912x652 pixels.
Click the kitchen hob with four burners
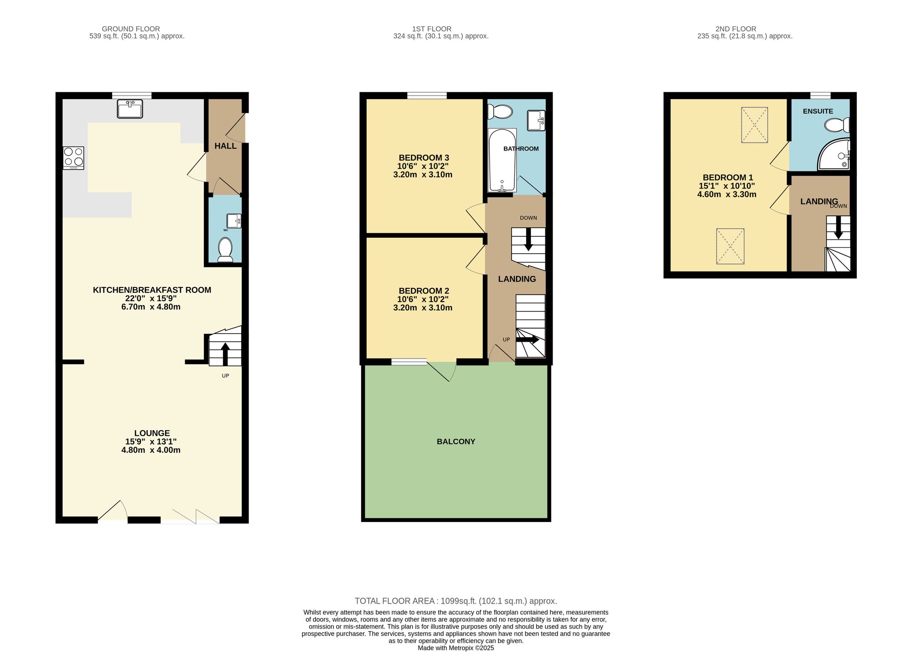[x=73, y=158]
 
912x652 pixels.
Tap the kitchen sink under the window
[x=130, y=109]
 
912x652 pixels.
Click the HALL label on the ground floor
[x=225, y=146]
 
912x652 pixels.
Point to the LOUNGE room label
[x=152, y=433]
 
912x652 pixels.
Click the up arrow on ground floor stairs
[x=225, y=354]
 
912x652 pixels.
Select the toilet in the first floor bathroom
[x=500, y=111]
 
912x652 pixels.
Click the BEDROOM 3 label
[x=424, y=158]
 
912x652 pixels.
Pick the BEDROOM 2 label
[x=424, y=291]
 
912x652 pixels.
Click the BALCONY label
[x=456, y=442]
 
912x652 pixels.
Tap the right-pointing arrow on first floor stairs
[x=528, y=340]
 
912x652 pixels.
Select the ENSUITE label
[x=818, y=111]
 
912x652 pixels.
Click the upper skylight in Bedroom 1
[x=754, y=125]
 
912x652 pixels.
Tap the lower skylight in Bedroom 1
[x=730, y=246]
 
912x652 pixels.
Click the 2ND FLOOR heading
[x=736, y=29]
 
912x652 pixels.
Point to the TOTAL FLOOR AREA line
[x=456, y=601]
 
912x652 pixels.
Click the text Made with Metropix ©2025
[x=456, y=648]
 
